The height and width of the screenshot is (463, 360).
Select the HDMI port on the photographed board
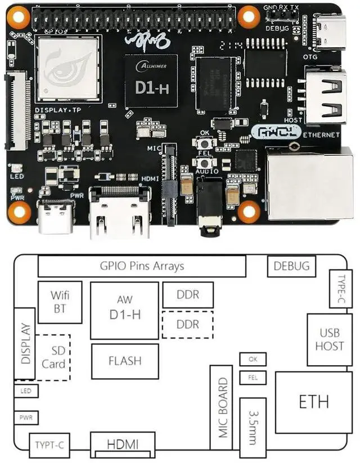tap(120, 211)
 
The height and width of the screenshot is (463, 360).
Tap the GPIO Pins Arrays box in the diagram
tap(142, 266)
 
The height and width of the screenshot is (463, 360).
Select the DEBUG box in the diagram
tap(291, 266)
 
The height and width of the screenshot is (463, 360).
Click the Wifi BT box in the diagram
tap(60, 302)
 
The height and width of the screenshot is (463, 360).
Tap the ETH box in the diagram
tap(313, 401)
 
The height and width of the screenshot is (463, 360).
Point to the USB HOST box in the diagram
tap(329, 339)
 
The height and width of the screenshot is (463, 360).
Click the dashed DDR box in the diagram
tap(188, 325)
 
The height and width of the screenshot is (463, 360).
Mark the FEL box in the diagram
tap(252, 377)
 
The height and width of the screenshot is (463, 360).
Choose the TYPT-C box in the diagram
tap(48, 446)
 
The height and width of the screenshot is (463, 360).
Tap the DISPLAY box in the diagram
tap(24, 344)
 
